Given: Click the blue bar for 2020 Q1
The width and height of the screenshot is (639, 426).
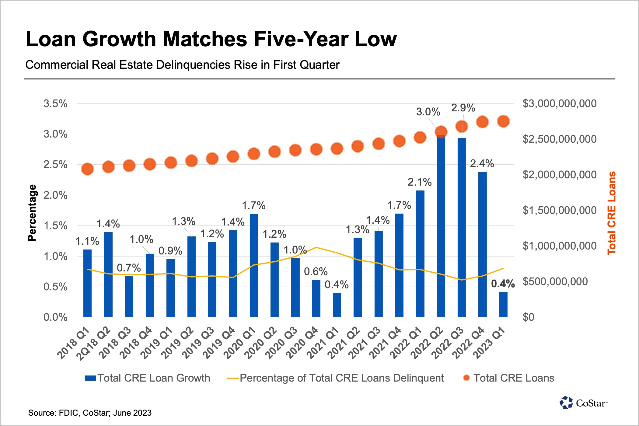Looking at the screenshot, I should tap(254, 265).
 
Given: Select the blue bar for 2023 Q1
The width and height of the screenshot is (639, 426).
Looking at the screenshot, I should tap(503, 305).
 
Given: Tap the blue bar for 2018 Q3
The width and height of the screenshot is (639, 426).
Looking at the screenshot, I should tap(129, 297).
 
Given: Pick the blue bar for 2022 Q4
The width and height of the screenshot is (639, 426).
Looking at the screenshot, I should tap(482, 244).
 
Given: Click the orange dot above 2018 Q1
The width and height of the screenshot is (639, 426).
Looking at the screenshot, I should tap(88, 169).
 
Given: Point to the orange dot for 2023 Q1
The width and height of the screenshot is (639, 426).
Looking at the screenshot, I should tap(503, 121).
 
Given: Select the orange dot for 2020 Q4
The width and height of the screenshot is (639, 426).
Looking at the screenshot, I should tap(316, 149).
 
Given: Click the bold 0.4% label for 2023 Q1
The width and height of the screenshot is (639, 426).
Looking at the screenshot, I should tap(503, 284).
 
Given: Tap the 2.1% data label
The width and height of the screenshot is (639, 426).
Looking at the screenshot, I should tap(420, 182).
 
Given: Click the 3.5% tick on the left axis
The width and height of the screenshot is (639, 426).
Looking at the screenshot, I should tap(55, 104).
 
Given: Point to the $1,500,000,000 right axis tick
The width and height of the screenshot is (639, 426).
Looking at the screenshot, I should tap(559, 210).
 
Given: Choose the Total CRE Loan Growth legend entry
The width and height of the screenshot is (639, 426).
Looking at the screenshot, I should tap(148, 378).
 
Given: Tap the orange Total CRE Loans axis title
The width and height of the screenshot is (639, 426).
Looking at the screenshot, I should tap(612, 213).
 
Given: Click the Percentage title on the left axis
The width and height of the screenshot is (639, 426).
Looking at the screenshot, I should tap(32, 213).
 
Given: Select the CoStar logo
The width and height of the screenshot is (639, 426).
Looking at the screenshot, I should tap(583, 403).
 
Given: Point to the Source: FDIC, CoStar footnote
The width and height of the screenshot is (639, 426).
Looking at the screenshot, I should tap(90, 413).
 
